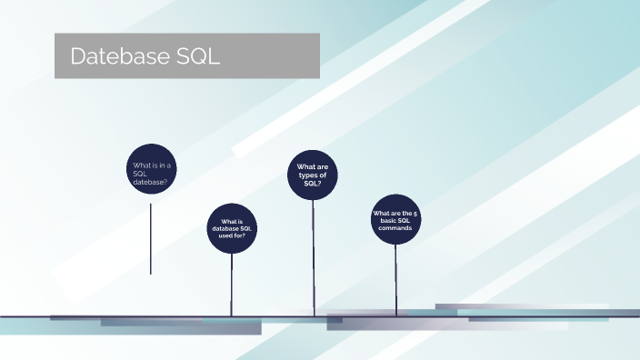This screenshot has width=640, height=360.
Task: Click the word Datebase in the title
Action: [117, 56]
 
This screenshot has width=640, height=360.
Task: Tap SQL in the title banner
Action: [193, 56]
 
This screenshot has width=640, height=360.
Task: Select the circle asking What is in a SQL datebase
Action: [150, 169]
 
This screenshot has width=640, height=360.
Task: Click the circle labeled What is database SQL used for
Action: [232, 228]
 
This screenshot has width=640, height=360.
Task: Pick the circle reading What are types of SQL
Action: [313, 175]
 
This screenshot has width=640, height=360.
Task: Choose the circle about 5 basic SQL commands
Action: [395, 220]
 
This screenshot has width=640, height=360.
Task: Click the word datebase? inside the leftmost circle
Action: [150, 182]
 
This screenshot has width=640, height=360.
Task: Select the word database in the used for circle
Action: [224, 228]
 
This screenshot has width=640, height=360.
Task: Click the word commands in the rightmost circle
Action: [395, 228]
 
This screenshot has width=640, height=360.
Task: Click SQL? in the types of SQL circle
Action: [313, 184]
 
